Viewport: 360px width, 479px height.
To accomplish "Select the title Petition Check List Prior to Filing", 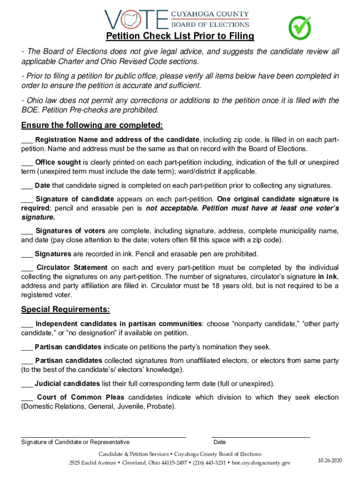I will (180, 36).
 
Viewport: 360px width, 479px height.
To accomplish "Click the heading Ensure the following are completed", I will (92, 125).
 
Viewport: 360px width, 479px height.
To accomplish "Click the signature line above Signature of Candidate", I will (103, 436).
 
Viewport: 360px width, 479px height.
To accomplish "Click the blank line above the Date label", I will (261, 436).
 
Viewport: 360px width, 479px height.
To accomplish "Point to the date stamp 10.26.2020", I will (330, 460).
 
